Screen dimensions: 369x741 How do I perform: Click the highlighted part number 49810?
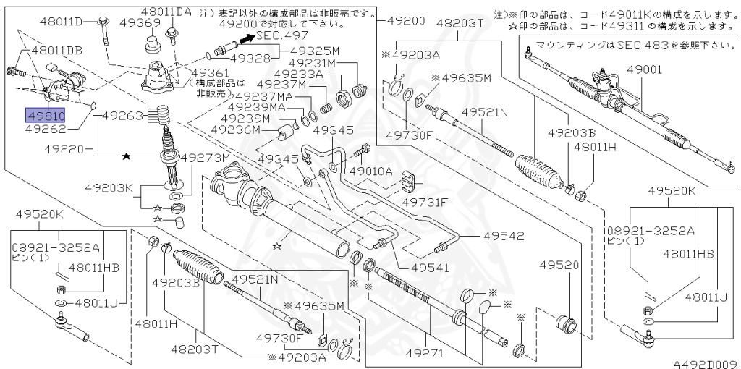click(x=46, y=116)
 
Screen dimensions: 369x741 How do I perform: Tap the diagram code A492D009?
click(x=706, y=364)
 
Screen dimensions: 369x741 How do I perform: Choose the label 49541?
click(x=430, y=268)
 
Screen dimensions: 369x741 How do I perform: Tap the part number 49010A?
click(x=370, y=171)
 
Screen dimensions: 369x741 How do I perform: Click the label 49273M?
click(x=205, y=158)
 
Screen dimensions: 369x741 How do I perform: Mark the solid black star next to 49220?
click(x=127, y=156)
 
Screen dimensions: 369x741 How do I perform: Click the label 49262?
click(x=45, y=130)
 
